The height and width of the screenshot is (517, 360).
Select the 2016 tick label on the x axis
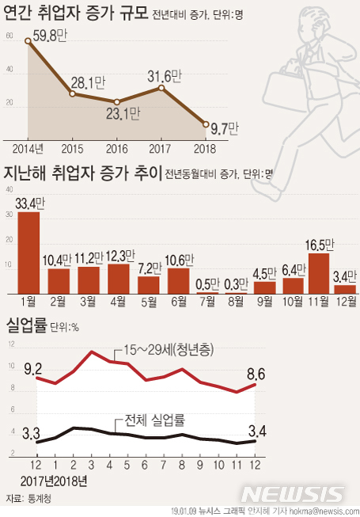(x=117, y=148)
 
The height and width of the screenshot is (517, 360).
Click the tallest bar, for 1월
(x=28, y=253)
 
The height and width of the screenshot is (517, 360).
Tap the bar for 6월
(x=179, y=280)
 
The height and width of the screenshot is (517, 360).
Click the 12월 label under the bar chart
(x=346, y=302)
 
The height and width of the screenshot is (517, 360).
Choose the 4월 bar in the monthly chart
(x=119, y=278)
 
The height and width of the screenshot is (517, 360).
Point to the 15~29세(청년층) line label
(x=175, y=350)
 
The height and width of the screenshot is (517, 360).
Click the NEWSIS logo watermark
(x=295, y=494)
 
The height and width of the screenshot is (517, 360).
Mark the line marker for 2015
(x=73, y=94)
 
